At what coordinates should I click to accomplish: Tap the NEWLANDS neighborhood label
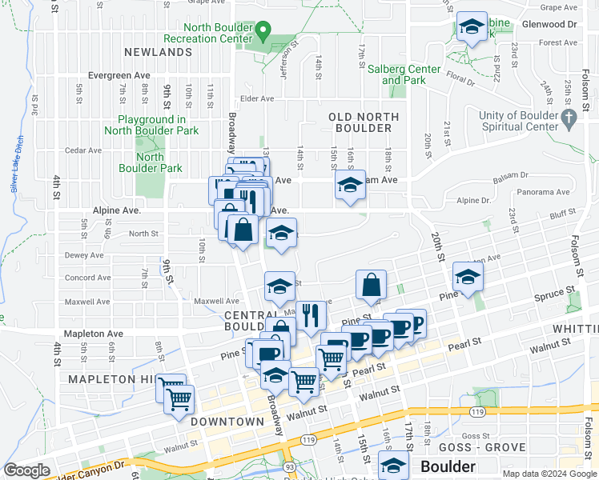pos(159,52)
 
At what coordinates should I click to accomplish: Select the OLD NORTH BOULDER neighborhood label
pos(364,122)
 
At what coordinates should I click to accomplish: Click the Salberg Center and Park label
pos(404,74)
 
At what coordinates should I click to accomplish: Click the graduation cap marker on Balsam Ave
pos(350,186)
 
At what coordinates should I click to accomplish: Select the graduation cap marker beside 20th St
pos(468,278)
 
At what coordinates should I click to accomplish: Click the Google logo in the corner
pos(27,470)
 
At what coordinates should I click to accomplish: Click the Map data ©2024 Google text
pos(549,473)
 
